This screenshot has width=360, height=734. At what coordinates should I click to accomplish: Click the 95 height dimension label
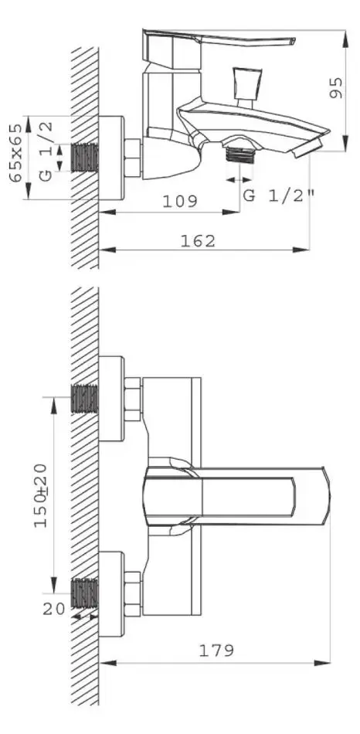click(x=336, y=88)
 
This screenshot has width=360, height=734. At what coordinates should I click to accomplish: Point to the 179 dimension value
click(x=216, y=651)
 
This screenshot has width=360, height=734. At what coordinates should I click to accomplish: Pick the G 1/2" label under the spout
click(x=278, y=195)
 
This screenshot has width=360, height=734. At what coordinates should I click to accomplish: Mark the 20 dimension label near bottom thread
click(x=53, y=608)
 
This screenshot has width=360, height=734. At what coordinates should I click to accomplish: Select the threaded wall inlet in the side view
click(x=84, y=156)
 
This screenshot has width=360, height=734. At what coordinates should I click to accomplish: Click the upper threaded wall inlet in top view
click(x=84, y=398)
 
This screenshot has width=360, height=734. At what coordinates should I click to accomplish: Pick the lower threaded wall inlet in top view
click(x=84, y=593)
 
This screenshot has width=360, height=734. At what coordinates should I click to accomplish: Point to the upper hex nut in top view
click(x=133, y=399)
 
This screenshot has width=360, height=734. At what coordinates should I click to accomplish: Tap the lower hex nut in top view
click(x=133, y=593)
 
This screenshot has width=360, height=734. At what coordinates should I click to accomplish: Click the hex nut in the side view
click(x=133, y=157)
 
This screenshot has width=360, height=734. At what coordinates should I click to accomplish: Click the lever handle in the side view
click(x=220, y=40)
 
